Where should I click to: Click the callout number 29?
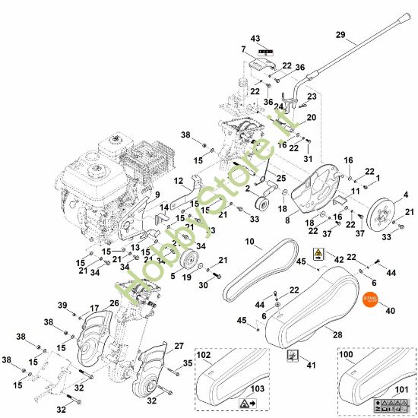click(340, 35)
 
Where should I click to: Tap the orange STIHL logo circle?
click(371, 299)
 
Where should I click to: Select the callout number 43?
click(255, 38)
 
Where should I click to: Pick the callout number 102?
click(204, 354)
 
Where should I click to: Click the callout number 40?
click(391, 310)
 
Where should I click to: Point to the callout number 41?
click(309, 366)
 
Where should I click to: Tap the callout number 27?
click(179, 346)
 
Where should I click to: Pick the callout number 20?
click(311, 118)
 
